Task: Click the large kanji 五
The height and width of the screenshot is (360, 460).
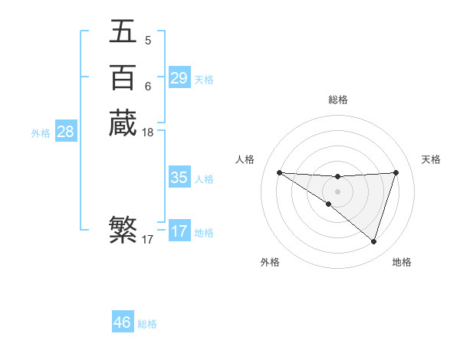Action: tap(123, 31)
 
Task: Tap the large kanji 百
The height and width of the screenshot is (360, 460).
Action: tap(123, 77)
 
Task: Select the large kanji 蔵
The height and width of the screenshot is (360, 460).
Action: tap(123, 123)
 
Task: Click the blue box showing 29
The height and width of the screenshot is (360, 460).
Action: tap(179, 78)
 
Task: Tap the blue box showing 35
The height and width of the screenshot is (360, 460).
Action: tap(179, 178)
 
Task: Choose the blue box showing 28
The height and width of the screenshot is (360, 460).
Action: tap(65, 132)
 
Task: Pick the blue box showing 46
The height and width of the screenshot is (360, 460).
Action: tap(122, 322)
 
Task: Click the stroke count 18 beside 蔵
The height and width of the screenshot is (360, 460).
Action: tap(148, 133)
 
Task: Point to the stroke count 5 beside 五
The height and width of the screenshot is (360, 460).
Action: tap(147, 41)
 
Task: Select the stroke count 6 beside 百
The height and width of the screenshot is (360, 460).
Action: tap(147, 87)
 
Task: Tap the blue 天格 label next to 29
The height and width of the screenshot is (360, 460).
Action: tap(204, 80)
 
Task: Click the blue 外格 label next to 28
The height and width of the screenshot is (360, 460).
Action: tap(41, 133)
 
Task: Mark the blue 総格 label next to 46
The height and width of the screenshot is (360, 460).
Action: tap(147, 324)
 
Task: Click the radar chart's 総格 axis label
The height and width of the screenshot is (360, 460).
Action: tap(337, 100)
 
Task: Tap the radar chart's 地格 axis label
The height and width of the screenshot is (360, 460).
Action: tap(402, 262)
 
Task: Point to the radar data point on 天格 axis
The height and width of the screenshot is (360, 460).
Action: tap(396, 172)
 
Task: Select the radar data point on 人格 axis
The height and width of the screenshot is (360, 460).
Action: tap(279, 172)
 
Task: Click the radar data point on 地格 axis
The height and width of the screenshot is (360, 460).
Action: tap(373, 241)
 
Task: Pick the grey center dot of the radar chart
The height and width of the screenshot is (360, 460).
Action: tap(337, 191)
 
